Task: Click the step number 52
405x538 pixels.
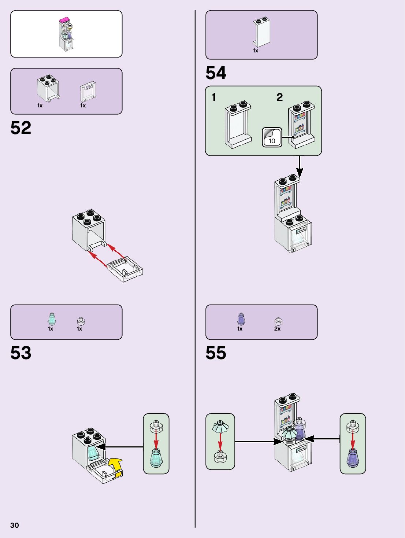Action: click(x=21, y=128)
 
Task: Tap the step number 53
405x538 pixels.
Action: click(x=21, y=353)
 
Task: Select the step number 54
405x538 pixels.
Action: click(x=216, y=73)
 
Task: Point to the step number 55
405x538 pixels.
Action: click(x=216, y=353)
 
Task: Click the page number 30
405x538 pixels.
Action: click(x=15, y=525)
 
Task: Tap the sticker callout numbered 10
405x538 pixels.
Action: click(x=272, y=137)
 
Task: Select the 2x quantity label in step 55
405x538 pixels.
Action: click(x=277, y=329)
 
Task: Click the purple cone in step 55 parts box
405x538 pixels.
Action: click(x=241, y=319)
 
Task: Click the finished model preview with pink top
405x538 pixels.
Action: click(x=66, y=34)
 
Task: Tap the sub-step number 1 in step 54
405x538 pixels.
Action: click(x=214, y=97)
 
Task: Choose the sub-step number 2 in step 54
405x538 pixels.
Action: click(x=279, y=97)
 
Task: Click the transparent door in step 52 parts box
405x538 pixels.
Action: click(x=88, y=92)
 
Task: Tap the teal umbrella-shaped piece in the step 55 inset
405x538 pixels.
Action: click(x=220, y=427)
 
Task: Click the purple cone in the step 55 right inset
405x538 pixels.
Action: click(x=353, y=457)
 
